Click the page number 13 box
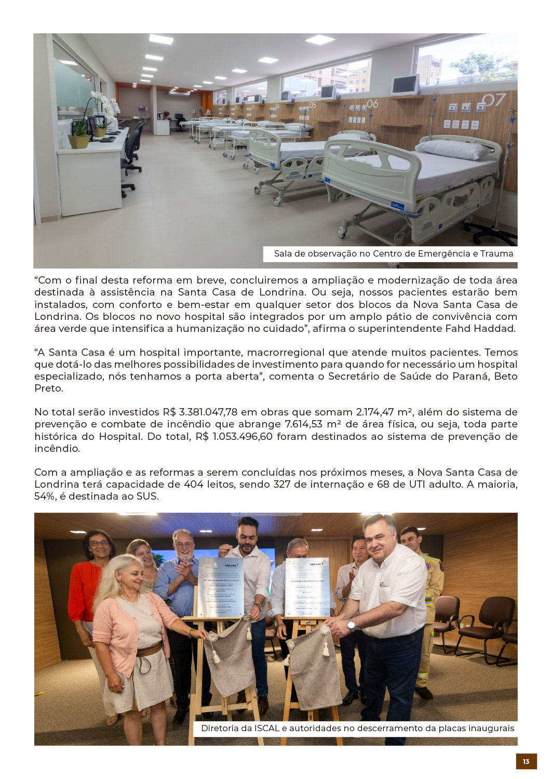[526, 761]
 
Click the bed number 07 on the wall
[493, 100]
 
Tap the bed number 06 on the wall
[372, 104]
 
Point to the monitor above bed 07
[405, 84]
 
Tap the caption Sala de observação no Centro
[393, 253]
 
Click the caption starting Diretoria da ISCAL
[357, 728]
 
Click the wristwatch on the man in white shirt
[352, 625]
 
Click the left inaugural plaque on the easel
[221, 587]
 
